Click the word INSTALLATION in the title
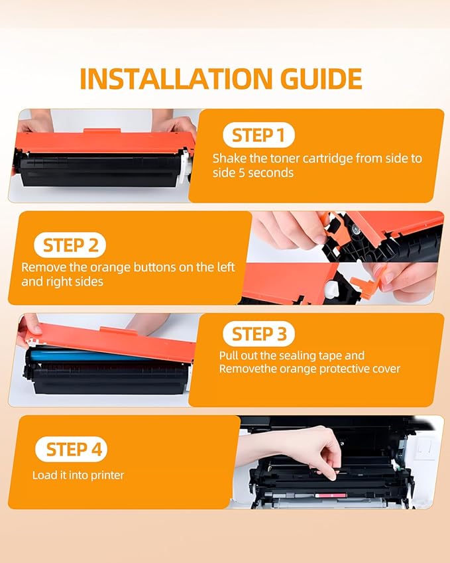coord(169,78)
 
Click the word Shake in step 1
coord(227,158)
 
